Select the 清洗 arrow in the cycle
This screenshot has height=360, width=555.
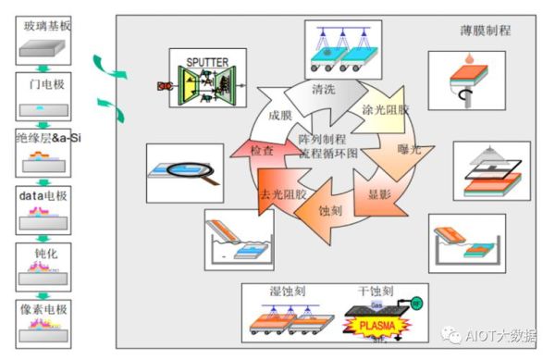point(324,91)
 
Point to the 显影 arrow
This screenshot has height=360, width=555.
point(380,194)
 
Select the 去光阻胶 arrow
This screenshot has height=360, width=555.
point(281,193)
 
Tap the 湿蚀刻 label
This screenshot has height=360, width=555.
point(284,293)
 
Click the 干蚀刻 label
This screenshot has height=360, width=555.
point(374,293)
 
